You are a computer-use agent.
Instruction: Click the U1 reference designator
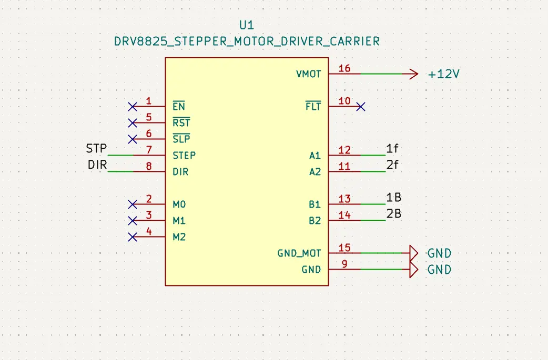(x=247, y=25)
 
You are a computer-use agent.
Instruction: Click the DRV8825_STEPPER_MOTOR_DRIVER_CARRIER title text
(x=247, y=41)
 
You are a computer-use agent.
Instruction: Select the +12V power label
(x=444, y=74)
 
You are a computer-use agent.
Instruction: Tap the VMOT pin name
(x=308, y=74)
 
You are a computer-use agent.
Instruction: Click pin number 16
(x=344, y=68)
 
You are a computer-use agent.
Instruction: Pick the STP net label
(x=96, y=149)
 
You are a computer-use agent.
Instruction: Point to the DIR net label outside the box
(x=97, y=166)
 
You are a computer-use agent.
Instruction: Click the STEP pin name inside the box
(x=184, y=156)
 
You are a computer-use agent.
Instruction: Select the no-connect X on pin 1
(x=133, y=107)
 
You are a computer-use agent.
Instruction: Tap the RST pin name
(x=181, y=123)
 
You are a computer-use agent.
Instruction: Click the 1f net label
(x=393, y=149)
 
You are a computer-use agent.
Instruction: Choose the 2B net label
(x=394, y=214)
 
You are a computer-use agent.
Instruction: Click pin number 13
(x=344, y=199)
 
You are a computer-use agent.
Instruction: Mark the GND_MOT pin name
(x=299, y=253)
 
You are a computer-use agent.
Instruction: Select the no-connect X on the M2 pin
(x=133, y=237)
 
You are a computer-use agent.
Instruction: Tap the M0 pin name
(x=179, y=204)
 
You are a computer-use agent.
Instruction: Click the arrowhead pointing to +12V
(x=411, y=74)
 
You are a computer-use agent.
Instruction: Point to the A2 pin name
(x=314, y=172)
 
